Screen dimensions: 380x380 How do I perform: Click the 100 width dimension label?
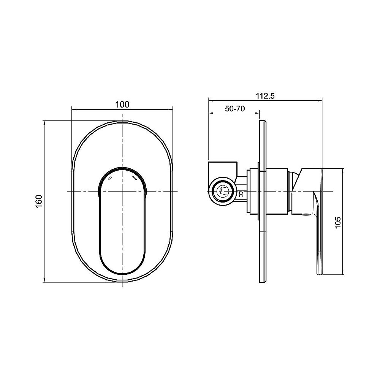(122, 104)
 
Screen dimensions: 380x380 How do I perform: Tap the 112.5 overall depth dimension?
(265, 96)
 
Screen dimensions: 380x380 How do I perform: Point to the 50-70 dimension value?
(234, 108)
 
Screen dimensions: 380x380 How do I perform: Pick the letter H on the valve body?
(241, 195)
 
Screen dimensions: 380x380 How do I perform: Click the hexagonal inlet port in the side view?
(222, 192)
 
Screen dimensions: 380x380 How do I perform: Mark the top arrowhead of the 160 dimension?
(45, 123)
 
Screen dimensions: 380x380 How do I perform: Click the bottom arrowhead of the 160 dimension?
(45, 280)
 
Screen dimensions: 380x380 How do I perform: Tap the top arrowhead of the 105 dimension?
(344, 170)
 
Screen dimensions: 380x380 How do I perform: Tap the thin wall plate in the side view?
(262, 201)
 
